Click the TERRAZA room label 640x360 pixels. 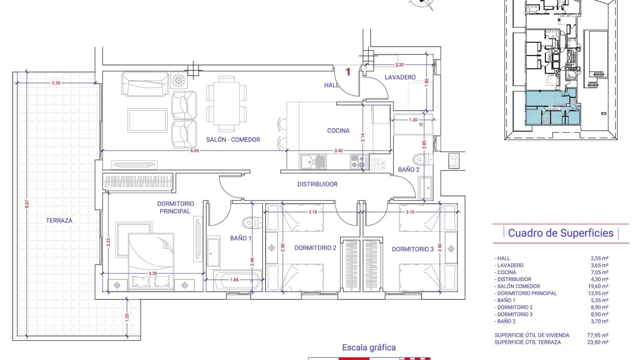(x=59, y=220)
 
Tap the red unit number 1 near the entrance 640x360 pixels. (x=348, y=72)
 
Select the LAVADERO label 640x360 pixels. (x=400, y=77)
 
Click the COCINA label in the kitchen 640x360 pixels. (x=338, y=131)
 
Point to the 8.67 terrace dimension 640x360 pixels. (x=27, y=204)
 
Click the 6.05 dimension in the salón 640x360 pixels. (x=195, y=151)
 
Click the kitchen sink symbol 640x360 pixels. (x=313, y=162)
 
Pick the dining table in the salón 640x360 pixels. (x=226, y=104)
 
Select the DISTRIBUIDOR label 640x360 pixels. (x=317, y=184)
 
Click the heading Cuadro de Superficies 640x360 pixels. (x=560, y=233)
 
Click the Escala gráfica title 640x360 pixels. (x=369, y=348)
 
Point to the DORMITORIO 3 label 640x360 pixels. (x=413, y=249)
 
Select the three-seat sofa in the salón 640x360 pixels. (x=145, y=84)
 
